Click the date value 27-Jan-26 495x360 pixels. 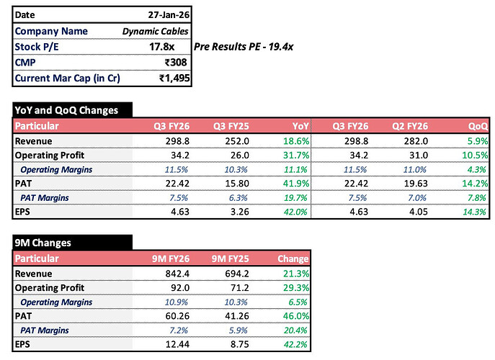tap(169, 15)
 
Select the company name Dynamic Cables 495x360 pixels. tap(155, 31)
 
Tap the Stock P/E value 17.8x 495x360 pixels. tap(161, 47)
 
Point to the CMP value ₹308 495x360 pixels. tap(176, 62)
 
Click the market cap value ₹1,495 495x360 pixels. tap(174, 78)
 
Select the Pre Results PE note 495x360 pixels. tap(244, 47)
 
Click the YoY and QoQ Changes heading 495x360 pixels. tap(66, 110)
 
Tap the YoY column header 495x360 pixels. tap(300, 126)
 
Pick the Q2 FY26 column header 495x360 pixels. tap(410, 126)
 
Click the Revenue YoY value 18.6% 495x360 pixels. tap(296, 140)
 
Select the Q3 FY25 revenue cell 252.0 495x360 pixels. tap(237, 140)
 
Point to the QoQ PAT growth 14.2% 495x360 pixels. tap(475, 184)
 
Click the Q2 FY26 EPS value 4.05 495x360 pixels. tap(419, 212)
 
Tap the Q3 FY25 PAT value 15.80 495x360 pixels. tap(237, 184)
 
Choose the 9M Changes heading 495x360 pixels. tap(43, 243)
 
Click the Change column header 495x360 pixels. tap(293, 258)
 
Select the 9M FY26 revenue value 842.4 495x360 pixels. tap(177, 273)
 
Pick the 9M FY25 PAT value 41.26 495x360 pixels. tap(237, 316)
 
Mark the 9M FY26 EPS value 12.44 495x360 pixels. tap(177, 344)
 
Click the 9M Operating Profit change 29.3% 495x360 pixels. tap(296, 287)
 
